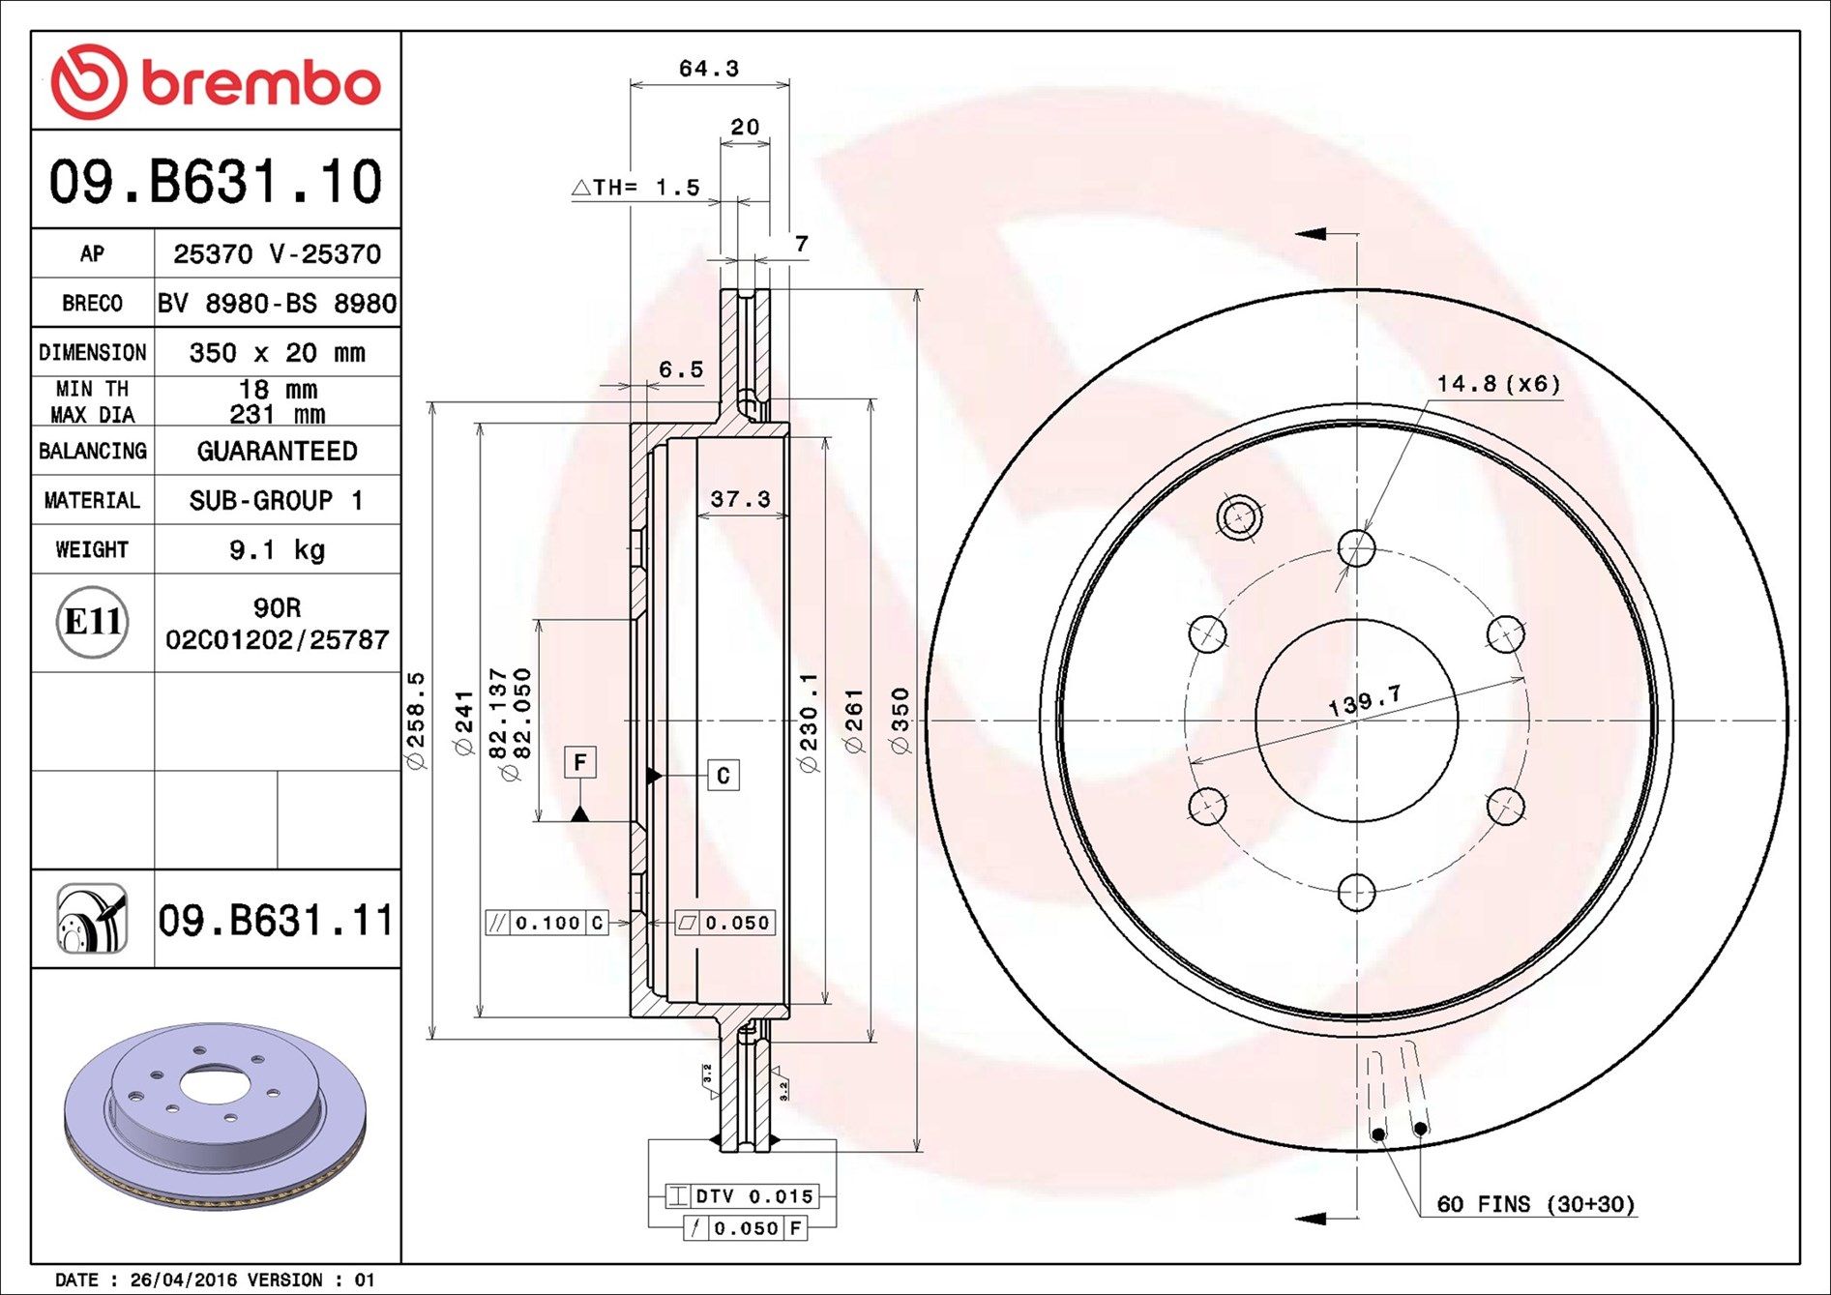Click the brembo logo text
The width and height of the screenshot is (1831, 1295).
click(261, 83)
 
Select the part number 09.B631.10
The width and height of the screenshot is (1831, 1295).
click(216, 181)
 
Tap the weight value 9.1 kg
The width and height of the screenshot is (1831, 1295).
click(277, 550)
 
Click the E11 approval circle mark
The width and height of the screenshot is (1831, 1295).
click(92, 622)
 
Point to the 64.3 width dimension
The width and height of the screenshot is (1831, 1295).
click(709, 69)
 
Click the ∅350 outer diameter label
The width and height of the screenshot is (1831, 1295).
click(901, 721)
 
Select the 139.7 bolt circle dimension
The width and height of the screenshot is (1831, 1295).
click(1364, 701)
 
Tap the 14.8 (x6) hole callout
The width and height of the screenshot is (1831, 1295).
click(1498, 384)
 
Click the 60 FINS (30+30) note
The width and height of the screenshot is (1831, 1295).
click(1536, 1204)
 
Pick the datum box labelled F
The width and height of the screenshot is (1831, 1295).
click(580, 762)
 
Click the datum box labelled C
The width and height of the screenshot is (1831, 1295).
click(724, 776)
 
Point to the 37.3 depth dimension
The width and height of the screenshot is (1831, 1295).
click(741, 499)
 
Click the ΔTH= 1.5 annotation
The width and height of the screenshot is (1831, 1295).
click(636, 188)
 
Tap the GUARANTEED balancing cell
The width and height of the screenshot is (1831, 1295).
click(278, 451)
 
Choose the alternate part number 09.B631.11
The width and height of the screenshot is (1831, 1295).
click(277, 920)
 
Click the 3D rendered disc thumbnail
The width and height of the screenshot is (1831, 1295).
click(215, 1114)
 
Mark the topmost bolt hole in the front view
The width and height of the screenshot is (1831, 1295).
click(1356, 548)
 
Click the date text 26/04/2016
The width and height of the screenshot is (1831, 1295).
click(184, 1280)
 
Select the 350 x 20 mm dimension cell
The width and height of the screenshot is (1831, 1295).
click(278, 352)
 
